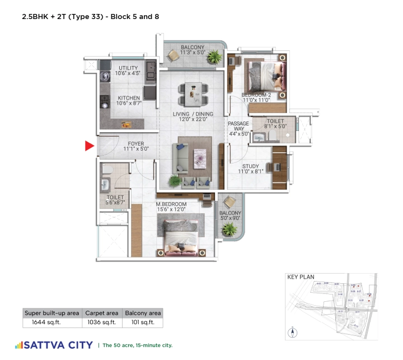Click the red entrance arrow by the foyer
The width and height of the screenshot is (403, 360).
point(88,147)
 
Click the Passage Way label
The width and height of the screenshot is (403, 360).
point(238,128)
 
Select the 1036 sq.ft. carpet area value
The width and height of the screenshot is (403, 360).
point(101,322)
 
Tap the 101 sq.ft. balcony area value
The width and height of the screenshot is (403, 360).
point(143,322)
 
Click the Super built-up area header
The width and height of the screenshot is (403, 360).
point(52,313)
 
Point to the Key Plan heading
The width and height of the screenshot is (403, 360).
point(301,277)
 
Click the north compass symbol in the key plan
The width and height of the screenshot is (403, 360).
point(292,333)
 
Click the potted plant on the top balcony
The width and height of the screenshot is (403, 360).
point(213,56)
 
